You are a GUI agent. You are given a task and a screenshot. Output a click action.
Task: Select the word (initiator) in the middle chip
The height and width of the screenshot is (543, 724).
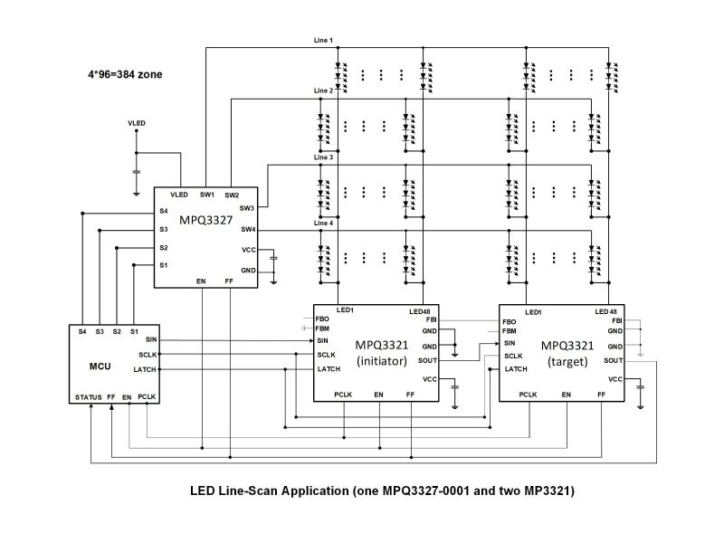point(379,360)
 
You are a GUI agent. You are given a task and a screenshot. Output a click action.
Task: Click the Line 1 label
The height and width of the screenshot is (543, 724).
point(323,41)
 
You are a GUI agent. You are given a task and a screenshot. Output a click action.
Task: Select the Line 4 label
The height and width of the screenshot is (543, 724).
point(323,224)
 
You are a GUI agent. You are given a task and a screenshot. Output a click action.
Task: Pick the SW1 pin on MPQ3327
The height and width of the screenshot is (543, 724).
point(207,195)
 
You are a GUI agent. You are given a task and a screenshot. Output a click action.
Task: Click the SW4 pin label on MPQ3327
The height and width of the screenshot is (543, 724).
point(247,229)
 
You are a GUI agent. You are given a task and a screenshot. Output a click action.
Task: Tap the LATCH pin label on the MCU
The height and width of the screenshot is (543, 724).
point(145,369)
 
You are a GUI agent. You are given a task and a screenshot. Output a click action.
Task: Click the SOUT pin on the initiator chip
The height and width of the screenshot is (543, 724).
point(428,360)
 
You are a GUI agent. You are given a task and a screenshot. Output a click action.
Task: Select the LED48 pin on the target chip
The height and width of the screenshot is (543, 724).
point(606,312)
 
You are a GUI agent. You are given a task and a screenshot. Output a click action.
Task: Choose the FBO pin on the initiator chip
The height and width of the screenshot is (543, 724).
point(322,320)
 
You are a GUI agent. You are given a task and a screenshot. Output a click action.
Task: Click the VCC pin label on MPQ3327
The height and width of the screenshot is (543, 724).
point(248,250)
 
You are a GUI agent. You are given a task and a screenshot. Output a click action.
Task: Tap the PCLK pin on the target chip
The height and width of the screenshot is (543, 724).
point(529,395)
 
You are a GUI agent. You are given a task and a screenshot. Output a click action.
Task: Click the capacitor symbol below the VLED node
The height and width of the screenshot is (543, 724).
point(136,169)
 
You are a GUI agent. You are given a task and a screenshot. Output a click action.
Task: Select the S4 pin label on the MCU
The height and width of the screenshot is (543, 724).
point(82,332)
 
